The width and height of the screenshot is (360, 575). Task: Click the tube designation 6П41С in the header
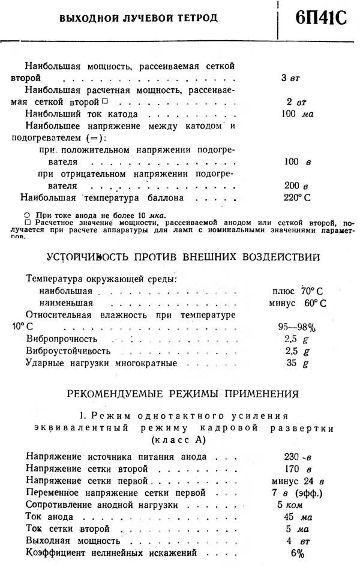click(321, 19)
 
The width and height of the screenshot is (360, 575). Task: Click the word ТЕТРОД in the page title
click(194, 19)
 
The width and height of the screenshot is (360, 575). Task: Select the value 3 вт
click(290, 79)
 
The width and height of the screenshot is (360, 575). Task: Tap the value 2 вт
click(293, 102)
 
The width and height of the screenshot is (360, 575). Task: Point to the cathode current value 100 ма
click(298, 114)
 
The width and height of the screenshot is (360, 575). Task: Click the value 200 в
click(296, 185)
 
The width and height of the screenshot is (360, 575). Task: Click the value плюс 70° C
click(299, 291)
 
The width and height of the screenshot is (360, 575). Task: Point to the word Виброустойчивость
click(68, 351)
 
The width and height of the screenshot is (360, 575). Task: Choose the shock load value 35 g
click(297, 363)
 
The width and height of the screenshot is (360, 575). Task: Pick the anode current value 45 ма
click(297, 517)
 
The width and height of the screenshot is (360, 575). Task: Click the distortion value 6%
click(297, 553)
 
